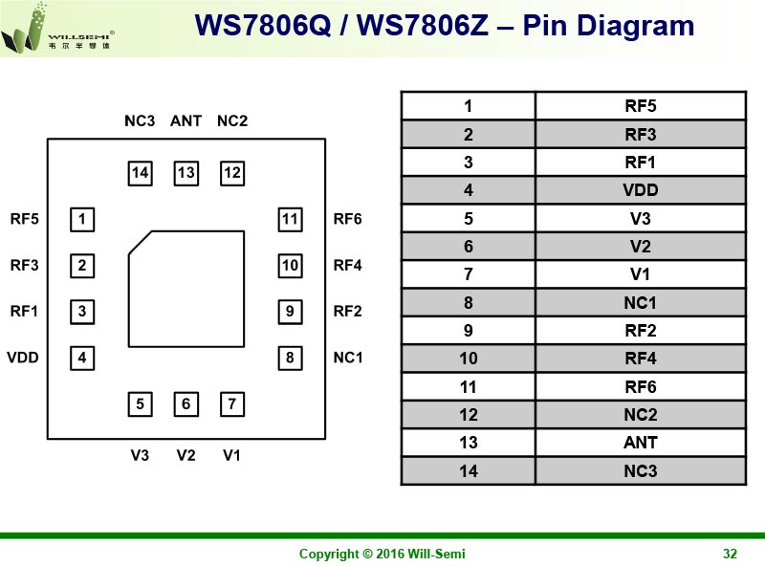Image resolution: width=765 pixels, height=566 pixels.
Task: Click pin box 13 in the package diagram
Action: tap(186, 173)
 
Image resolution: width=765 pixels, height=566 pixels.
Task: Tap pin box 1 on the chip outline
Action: tap(83, 220)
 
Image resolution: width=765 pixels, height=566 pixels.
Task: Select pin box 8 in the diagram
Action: tap(290, 359)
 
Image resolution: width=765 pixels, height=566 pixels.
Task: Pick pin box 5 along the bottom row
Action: tap(141, 404)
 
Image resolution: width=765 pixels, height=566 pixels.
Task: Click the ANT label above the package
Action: tap(186, 121)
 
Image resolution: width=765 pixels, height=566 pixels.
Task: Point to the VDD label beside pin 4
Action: tap(23, 358)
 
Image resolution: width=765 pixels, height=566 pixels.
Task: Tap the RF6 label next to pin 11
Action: tap(348, 220)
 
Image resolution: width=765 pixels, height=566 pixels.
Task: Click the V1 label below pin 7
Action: tap(231, 455)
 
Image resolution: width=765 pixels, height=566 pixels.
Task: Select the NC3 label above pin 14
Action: tap(140, 121)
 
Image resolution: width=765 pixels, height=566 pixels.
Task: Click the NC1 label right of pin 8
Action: tap(348, 358)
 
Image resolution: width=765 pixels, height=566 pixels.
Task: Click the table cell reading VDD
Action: tap(640, 190)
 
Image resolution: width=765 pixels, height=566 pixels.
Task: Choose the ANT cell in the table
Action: tap(640, 443)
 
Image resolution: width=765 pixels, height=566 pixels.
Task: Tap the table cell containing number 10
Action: tap(468, 359)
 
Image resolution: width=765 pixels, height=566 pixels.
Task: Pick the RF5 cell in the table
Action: tap(640, 106)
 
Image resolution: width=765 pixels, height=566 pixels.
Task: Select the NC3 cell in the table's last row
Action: tap(640, 470)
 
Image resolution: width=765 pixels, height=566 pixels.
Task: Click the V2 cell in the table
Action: tap(640, 247)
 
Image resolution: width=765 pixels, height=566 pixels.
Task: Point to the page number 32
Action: tap(730, 555)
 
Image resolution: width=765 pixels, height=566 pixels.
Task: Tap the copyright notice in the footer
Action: tap(382, 555)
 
